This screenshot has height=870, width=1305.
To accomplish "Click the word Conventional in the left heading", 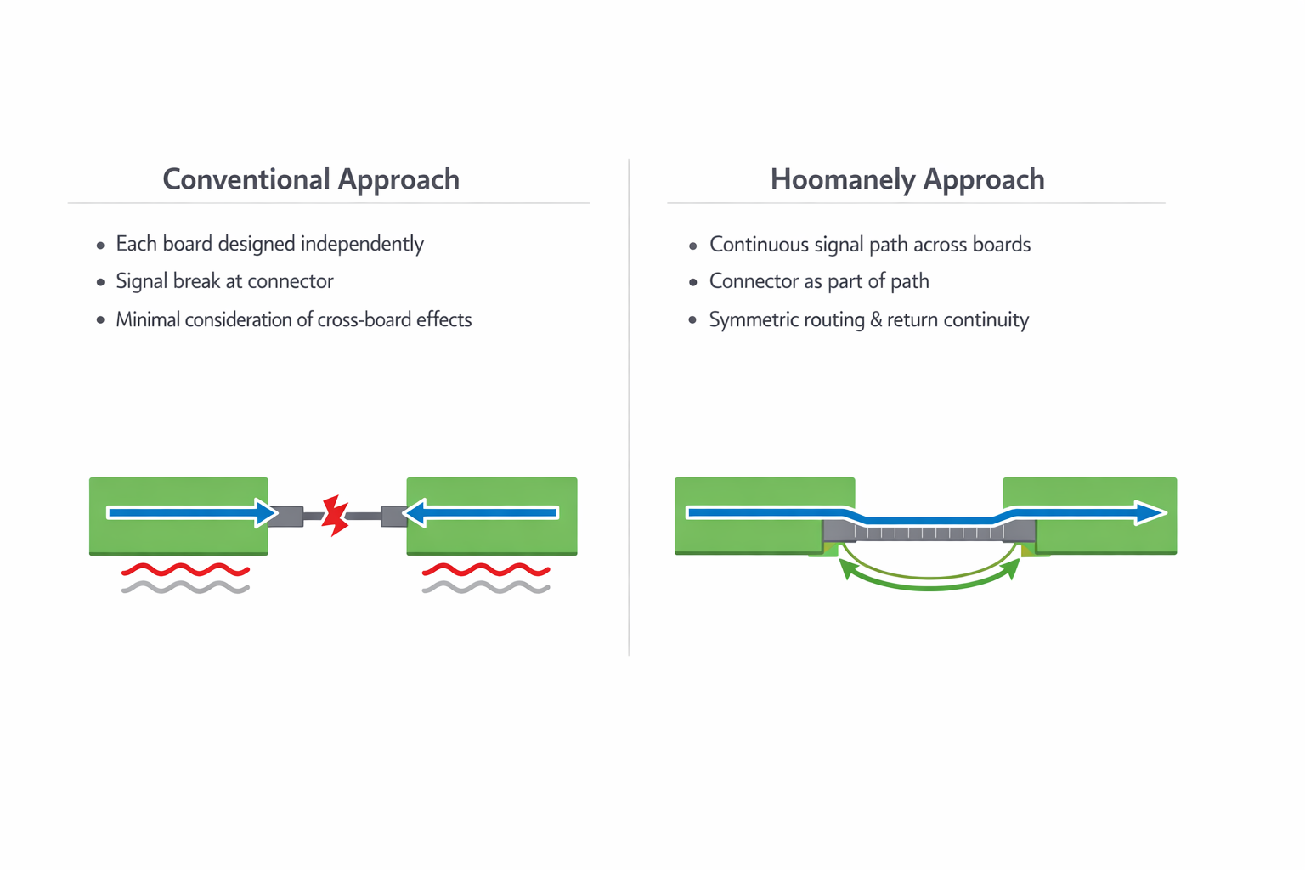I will pyautogui.click(x=246, y=179).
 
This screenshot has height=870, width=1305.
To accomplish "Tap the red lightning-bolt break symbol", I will pyautogui.click(x=336, y=515).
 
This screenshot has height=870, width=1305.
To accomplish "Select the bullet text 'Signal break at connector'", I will pyautogui.click(x=224, y=281).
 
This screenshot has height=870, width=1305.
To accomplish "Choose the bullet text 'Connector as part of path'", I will pyautogui.click(x=819, y=281).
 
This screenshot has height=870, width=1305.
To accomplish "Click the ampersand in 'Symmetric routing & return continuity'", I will pyautogui.click(x=875, y=319).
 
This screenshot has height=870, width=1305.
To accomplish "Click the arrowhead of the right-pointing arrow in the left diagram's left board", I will pyautogui.click(x=267, y=512).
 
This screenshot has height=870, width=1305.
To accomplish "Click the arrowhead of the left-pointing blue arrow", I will pyautogui.click(x=414, y=512).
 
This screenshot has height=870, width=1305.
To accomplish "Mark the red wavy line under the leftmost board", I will pyautogui.click(x=185, y=569).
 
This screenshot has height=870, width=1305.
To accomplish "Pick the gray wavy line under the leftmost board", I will pyautogui.click(x=185, y=587).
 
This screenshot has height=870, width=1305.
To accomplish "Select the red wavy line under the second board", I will pyautogui.click(x=486, y=569).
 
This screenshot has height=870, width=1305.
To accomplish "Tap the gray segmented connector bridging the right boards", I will pyautogui.click(x=929, y=532).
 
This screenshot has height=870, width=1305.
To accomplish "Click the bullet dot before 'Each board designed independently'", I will pyautogui.click(x=100, y=246).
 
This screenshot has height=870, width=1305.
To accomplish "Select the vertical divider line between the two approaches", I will pyautogui.click(x=629, y=408).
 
